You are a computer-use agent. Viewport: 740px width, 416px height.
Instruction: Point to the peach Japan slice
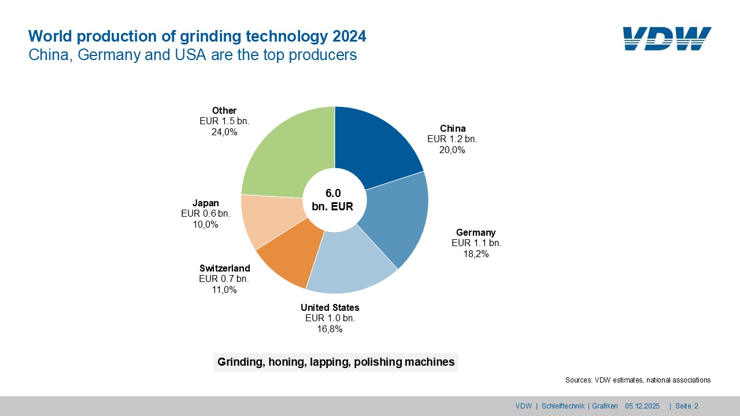point(269,220)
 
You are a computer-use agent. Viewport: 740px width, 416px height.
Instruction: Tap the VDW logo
point(667,39)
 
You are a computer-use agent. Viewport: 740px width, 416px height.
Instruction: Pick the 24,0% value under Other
point(224,132)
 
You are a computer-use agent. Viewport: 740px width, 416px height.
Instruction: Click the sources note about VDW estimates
point(638,380)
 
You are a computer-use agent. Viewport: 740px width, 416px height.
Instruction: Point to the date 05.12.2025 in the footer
point(642,406)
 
